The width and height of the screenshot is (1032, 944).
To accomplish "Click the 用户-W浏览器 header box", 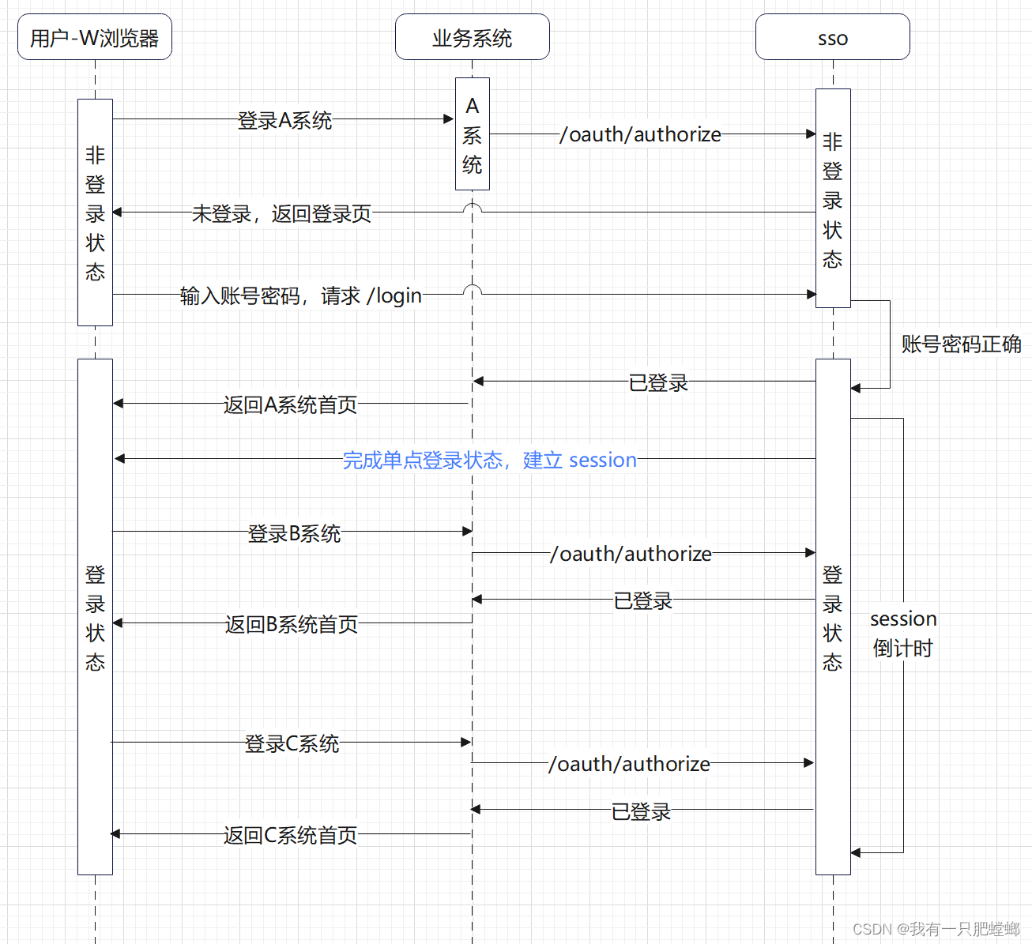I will [x=95, y=37].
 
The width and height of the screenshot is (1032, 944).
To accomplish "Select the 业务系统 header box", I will [x=472, y=37].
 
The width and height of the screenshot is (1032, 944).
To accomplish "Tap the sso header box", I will [x=832, y=37].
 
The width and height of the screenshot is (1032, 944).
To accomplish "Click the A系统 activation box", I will [x=472, y=134].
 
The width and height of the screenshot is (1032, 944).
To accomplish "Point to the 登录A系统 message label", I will [x=284, y=121].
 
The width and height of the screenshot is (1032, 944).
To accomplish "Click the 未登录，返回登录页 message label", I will [x=281, y=214].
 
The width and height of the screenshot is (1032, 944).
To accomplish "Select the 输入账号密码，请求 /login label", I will [x=300, y=295].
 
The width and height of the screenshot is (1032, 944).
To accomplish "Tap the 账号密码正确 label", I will [x=961, y=344].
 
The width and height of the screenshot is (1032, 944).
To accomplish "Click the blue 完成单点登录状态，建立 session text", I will [x=489, y=460].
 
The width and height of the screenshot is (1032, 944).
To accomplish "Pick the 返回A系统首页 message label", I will [x=290, y=405].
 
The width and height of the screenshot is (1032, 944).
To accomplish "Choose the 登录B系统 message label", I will [x=294, y=533].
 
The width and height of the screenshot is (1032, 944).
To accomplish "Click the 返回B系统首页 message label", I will [x=291, y=625].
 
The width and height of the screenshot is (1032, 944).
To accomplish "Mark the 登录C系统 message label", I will [x=292, y=744].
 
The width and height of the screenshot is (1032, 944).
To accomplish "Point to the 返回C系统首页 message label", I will [x=290, y=836].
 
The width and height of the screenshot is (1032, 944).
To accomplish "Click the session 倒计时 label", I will [x=903, y=634].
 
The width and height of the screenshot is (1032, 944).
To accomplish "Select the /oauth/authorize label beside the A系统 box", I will [x=640, y=135].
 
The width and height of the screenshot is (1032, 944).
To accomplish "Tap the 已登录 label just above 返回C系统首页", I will [x=641, y=811].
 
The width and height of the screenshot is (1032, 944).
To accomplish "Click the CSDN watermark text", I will [x=936, y=929].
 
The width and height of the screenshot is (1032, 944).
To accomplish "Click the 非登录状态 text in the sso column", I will [x=832, y=201].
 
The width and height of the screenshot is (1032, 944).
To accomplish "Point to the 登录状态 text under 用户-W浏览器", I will [x=95, y=618].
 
